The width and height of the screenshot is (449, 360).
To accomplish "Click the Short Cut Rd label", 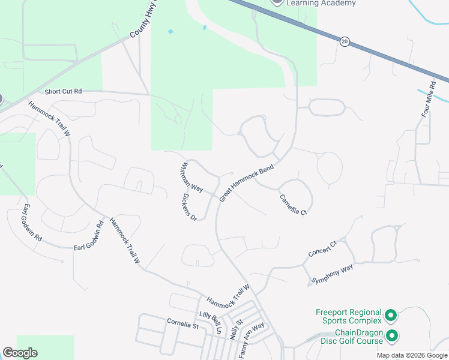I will (62, 92).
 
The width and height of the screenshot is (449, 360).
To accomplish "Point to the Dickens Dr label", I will (190, 207).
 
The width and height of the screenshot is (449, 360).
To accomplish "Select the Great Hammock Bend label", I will (247, 182).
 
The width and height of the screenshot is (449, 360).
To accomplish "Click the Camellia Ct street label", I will (293, 204).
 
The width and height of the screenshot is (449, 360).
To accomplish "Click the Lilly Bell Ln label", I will (211, 323).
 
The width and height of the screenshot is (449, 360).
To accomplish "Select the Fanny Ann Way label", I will (251, 341).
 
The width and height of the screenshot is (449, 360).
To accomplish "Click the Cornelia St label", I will (182, 325).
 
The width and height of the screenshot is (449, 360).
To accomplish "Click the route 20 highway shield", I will (344, 41).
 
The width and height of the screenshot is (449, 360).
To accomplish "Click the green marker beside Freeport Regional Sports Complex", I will (391, 315).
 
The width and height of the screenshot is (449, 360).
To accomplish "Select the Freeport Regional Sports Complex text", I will (349, 317).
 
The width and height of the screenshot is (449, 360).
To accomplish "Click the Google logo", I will (20, 352).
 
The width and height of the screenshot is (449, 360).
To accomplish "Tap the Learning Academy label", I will (321, 3).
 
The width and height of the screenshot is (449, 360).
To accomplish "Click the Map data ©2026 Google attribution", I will (412, 355).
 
